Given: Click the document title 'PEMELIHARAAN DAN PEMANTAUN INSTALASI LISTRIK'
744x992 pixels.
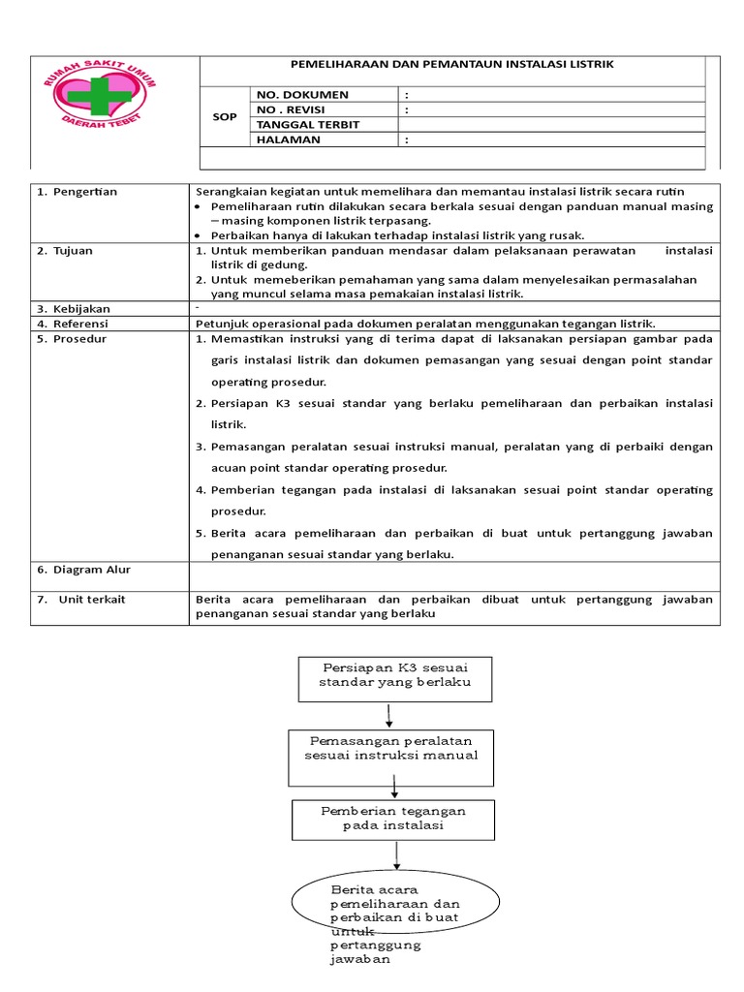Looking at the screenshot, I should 452,64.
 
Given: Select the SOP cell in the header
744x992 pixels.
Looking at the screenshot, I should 224,116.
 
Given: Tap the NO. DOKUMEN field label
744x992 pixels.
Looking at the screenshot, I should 302,95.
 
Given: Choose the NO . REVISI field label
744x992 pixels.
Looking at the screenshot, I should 297,109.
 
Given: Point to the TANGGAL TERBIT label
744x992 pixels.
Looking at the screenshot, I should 307,125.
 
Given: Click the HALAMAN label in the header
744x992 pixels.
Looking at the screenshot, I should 288,139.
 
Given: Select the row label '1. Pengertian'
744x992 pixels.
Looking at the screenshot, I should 77,192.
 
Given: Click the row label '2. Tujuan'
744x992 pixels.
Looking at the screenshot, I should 65,251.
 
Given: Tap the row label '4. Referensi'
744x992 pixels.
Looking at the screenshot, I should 73,324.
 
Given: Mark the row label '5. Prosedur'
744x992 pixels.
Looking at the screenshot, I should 72,339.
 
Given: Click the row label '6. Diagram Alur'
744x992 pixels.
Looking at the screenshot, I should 83,570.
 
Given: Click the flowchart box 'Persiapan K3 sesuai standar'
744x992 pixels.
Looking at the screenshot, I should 394,676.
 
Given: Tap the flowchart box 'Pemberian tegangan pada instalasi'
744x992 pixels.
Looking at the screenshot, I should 393,819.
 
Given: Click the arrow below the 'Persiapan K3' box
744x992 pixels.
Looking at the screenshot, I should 389,716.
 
